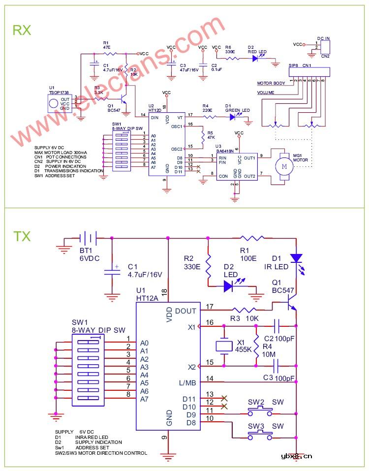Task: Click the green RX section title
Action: [22, 30]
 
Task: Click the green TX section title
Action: [22, 236]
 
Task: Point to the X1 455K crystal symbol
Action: [225, 345]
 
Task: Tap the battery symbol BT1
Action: [89, 238]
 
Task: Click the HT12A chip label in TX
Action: [148, 298]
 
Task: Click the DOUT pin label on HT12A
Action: [185, 311]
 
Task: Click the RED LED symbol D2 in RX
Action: [256, 58]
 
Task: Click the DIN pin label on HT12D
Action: [154, 117]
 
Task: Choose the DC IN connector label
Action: [324, 38]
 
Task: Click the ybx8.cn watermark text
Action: [297, 456]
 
